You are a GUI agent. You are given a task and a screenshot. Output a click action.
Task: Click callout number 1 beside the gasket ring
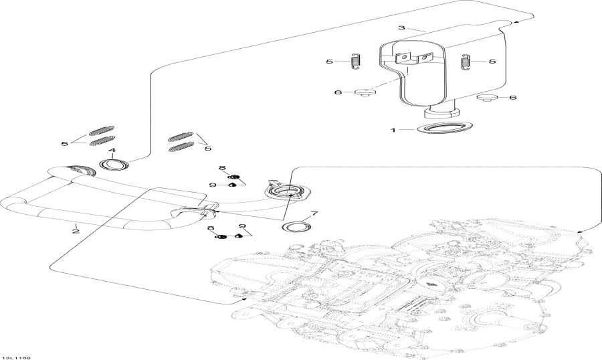[x=393, y=129]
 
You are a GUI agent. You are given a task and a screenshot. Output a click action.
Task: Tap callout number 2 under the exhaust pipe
[x=76, y=232]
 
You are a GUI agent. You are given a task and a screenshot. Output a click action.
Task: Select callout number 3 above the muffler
[x=401, y=28]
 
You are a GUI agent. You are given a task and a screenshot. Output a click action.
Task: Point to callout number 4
[x=112, y=151]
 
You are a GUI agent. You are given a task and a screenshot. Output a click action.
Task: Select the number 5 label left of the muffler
[x=329, y=62]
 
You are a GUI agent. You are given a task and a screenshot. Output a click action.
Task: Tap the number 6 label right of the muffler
[x=512, y=98]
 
